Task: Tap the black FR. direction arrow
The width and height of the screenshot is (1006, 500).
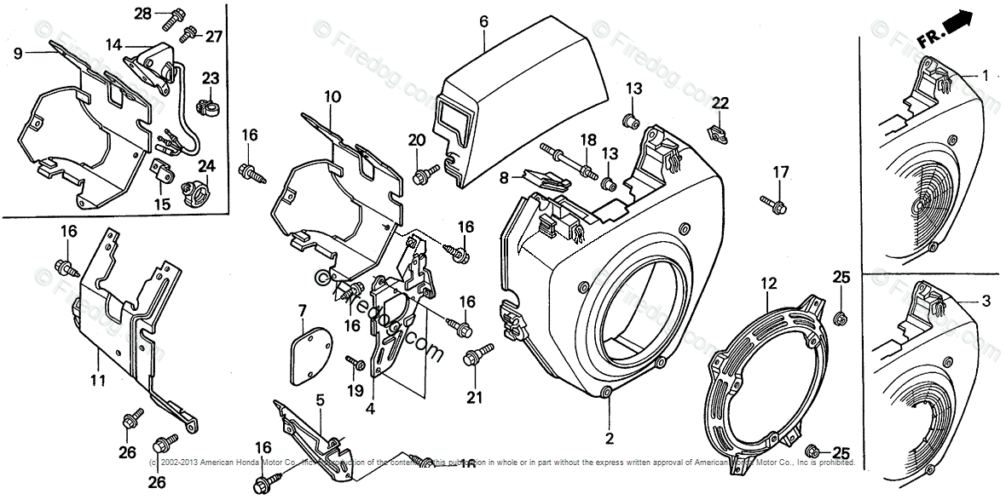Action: [x=959, y=22]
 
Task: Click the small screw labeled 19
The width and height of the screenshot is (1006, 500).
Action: [x=356, y=364]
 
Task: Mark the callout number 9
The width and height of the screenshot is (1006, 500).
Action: [x=17, y=53]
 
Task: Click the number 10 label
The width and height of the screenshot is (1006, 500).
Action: [x=332, y=97]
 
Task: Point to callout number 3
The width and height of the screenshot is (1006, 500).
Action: [x=985, y=300]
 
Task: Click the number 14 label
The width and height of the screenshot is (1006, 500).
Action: [x=114, y=43]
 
